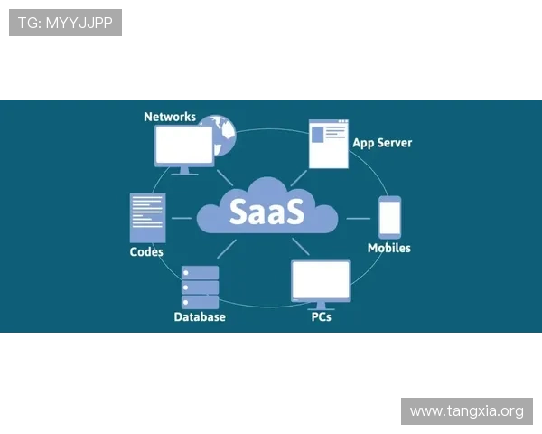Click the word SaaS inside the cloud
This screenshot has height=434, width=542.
click(267, 210)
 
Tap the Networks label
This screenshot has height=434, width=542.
click(170, 117)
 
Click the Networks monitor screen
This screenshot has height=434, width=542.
click(184, 144)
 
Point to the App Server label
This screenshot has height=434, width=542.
click(382, 143)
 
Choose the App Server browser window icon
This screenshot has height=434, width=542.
click(329, 144)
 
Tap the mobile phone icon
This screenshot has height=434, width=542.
click(389, 217)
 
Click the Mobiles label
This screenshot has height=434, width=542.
click(389, 248)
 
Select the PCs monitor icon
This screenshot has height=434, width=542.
click(321, 281)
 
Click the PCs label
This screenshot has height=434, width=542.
click(321, 317)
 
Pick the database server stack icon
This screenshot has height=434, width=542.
click(200, 287)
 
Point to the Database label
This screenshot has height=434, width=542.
click(200, 317)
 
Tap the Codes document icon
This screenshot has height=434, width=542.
click(147, 218)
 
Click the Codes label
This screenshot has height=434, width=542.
click(146, 252)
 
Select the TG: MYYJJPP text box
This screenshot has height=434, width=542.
click(65, 22)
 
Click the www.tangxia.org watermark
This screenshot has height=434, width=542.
click(466, 411)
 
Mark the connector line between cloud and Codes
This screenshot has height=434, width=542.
click(182, 218)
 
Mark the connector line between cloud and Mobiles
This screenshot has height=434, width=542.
click(358, 218)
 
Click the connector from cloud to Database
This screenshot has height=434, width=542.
click(227, 249)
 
